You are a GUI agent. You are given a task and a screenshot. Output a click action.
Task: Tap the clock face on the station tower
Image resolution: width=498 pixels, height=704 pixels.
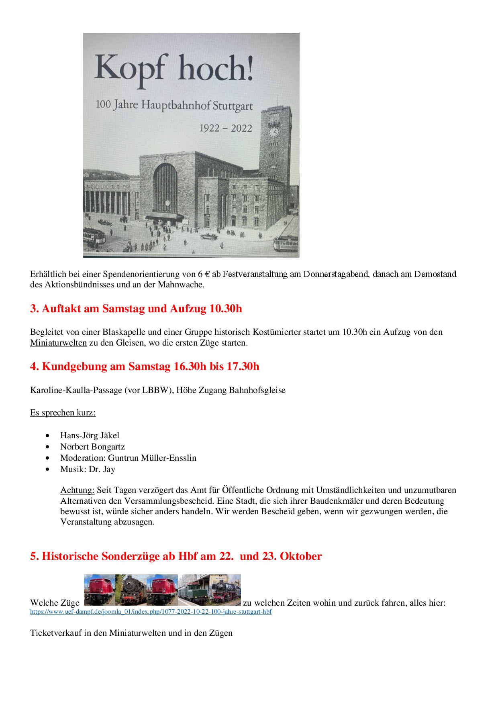tap(274, 131)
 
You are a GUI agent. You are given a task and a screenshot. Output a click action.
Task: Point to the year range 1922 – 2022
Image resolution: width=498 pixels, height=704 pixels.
tap(226, 128)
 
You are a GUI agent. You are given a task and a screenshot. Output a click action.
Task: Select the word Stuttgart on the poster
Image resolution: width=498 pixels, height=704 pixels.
tap(233, 106)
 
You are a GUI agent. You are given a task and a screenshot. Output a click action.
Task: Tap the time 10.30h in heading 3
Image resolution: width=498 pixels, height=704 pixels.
tap(226, 309)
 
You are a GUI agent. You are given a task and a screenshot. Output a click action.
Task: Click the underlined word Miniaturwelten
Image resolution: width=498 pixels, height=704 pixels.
tap(58, 343)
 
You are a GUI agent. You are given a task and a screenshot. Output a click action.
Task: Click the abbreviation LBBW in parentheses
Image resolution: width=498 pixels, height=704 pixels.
tap(155, 390)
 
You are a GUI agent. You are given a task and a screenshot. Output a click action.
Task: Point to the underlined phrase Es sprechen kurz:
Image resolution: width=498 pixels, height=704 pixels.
tap(63, 413)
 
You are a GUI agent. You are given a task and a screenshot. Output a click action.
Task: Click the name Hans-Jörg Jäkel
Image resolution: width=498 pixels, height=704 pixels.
tap(90, 435)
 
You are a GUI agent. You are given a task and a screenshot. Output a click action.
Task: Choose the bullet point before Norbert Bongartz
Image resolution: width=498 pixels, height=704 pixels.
tap(48, 447)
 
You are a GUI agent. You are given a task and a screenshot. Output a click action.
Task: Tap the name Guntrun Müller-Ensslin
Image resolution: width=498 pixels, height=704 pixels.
tap(152, 458)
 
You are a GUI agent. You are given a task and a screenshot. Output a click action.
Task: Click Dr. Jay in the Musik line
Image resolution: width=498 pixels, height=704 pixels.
tap(102, 469)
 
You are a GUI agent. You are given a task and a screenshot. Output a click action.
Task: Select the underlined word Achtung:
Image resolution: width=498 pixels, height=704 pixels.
tap(77, 490)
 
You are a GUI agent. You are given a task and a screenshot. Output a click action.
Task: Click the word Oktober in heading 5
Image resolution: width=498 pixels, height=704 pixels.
tap(301, 556)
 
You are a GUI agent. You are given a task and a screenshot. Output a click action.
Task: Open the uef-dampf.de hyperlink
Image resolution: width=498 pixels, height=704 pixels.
tap(151, 612)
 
